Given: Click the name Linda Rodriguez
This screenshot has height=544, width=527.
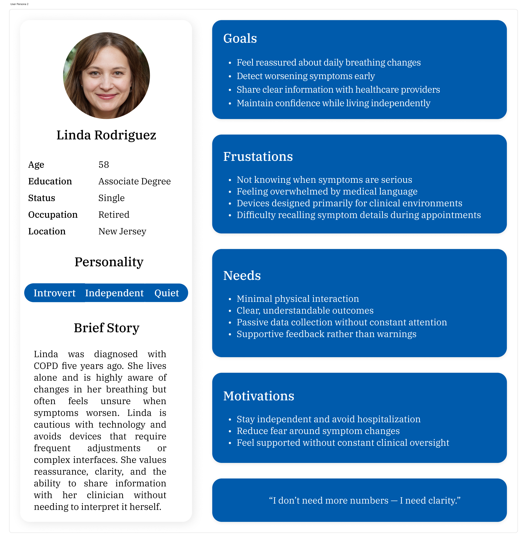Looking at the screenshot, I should (x=106, y=135).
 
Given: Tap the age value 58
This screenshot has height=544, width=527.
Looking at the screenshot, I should (x=104, y=165).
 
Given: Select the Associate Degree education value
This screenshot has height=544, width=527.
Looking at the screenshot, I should (x=135, y=181).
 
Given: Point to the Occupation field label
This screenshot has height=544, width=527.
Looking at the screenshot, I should (x=53, y=215).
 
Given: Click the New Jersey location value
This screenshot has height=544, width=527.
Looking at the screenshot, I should (x=122, y=231).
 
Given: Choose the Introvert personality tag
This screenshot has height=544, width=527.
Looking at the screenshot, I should (x=55, y=293).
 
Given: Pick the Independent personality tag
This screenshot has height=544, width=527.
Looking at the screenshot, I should (x=114, y=293).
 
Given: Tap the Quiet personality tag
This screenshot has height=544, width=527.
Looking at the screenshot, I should (x=167, y=293).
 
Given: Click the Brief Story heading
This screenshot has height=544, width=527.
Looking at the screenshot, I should (x=106, y=328).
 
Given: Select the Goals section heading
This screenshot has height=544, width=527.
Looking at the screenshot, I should (x=240, y=38).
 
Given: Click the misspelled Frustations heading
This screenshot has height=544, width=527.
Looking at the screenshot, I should (x=258, y=157).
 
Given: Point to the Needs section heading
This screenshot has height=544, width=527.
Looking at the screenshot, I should (x=242, y=276).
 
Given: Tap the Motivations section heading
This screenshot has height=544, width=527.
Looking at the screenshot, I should (x=258, y=396).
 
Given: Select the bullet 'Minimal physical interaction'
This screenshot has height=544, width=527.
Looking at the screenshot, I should (x=298, y=299).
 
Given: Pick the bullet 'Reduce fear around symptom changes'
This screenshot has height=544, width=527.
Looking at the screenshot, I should (x=318, y=431).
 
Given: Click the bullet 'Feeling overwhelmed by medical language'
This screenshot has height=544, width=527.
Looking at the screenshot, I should (x=327, y=192).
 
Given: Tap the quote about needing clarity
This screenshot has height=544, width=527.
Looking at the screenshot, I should (x=365, y=500).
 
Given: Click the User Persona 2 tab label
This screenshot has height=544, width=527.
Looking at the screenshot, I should (x=19, y=4).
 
